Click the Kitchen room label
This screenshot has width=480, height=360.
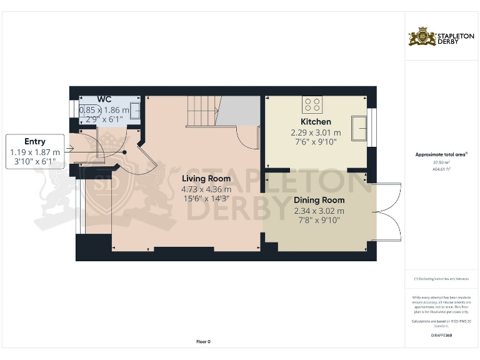(316, 121)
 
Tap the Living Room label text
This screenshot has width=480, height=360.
(206, 179)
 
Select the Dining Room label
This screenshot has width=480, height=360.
(319, 200)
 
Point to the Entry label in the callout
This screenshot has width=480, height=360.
(35, 141)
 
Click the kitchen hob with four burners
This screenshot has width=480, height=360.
(312, 103)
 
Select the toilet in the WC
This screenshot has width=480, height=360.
(85, 112)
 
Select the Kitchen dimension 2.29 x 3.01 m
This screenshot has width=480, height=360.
(316, 132)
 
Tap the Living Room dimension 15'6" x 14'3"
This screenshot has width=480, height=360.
(206, 199)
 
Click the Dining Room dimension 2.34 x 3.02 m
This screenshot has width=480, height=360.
(319, 211)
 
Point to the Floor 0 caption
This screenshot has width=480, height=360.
(204, 341)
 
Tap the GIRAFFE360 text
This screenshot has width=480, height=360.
(441, 336)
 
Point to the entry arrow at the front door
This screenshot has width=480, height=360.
(71, 148)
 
